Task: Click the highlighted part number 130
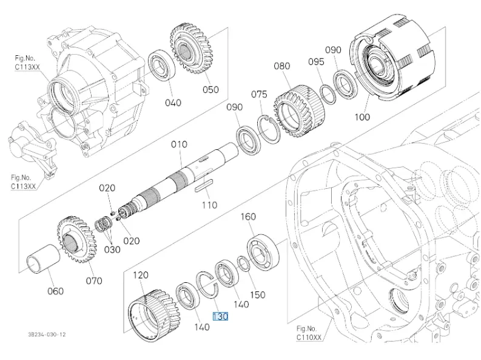(x=220, y=316)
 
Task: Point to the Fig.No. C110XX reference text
(x=309, y=332)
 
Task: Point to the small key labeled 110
(x=203, y=188)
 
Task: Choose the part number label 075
(x=259, y=94)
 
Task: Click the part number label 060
(x=55, y=291)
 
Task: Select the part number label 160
(x=248, y=217)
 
